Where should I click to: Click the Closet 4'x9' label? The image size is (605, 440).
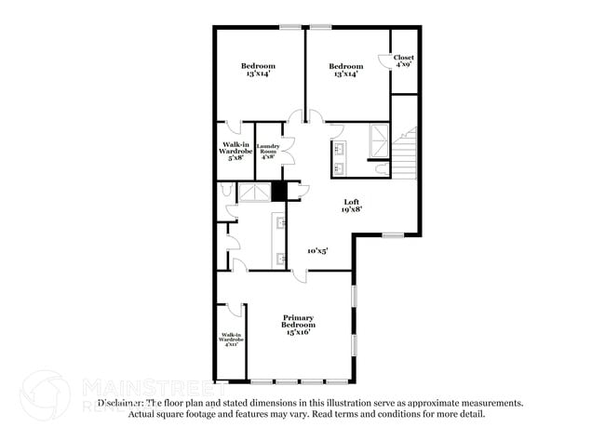point(404,60)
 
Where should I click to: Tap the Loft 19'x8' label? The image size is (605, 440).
point(351,206)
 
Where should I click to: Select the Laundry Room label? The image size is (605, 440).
point(268,151)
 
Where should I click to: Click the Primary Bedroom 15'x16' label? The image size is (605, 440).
point(299,323)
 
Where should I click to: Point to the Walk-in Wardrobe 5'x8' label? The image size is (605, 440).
point(234,151)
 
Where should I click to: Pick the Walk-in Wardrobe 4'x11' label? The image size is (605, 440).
point(231,340)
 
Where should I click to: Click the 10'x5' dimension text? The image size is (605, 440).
point(317,250)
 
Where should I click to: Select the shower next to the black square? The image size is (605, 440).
point(254,192)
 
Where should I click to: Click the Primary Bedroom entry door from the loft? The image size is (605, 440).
point(299,277)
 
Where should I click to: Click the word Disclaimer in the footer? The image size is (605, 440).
point(118,403)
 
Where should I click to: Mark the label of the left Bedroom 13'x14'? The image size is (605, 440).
point(258,70)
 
